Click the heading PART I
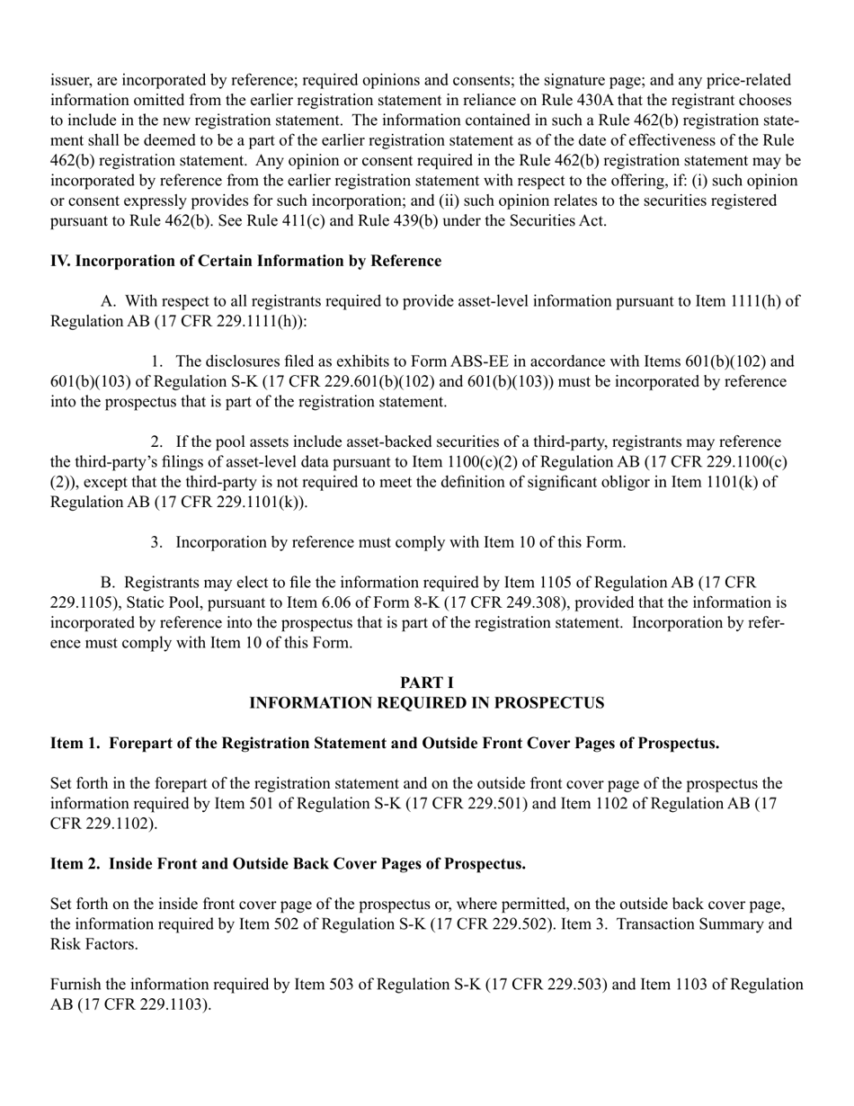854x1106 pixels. [426, 683]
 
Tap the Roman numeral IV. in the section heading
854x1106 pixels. [60, 261]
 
